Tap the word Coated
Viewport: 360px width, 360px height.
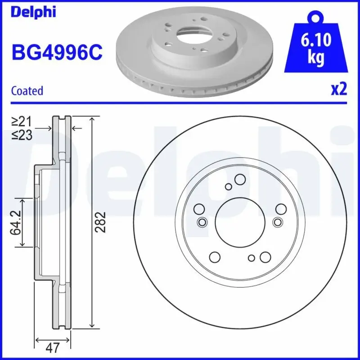coord(27,90)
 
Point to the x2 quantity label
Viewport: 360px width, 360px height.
coord(338,90)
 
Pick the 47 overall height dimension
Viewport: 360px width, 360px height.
coord(53,347)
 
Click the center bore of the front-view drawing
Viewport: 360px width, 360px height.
coord(238,222)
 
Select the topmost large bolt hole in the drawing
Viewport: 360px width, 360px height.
coord(239,180)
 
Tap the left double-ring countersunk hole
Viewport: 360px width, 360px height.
coord(202,222)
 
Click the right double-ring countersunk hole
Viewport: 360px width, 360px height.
coord(277,222)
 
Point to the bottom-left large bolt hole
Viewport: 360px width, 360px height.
coord(215,257)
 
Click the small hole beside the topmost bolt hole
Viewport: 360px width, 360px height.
coord(229,187)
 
